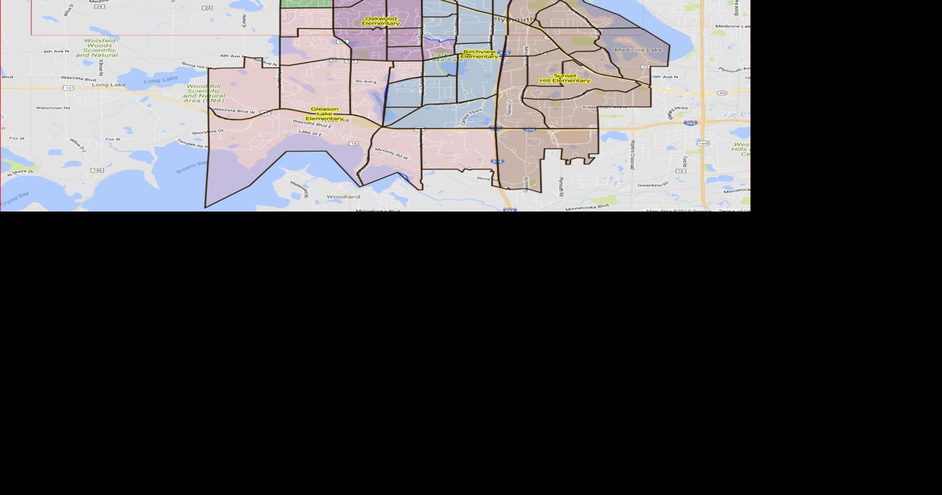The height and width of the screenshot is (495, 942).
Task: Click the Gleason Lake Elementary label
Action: (x=324, y=113)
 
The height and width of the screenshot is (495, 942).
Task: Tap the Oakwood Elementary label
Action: (x=381, y=21)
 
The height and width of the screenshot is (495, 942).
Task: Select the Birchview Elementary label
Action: (x=479, y=54)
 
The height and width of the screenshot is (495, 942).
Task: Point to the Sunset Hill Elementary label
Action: (x=565, y=78)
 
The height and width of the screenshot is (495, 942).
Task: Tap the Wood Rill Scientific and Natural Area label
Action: (x=204, y=93)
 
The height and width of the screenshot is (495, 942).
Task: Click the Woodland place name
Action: (x=343, y=196)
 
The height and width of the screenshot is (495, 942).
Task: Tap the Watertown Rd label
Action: (x=53, y=108)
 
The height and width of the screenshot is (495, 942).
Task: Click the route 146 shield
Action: (x=97, y=170)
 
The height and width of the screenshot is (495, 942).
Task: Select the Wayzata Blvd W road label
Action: (x=235, y=111)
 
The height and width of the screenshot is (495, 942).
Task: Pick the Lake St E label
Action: (x=311, y=133)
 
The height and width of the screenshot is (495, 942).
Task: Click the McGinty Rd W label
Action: (x=392, y=153)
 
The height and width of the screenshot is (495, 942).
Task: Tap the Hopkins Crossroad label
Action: (x=632, y=155)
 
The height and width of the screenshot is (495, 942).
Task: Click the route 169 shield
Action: (x=703, y=143)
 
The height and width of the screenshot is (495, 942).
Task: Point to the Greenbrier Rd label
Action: (x=652, y=185)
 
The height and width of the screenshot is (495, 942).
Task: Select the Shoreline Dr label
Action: (x=208, y=132)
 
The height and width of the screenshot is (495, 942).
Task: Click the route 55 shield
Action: (x=722, y=93)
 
